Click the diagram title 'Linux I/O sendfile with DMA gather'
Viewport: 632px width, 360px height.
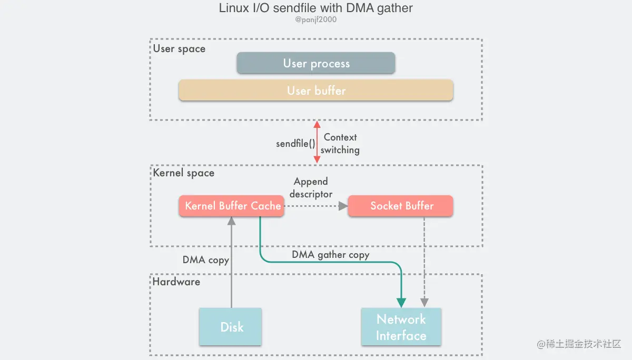coord(316,9)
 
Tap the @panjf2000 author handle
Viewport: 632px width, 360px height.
coord(316,20)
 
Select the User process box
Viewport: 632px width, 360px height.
coord(316,63)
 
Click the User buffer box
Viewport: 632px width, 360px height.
coord(316,91)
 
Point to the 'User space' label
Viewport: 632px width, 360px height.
coord(179,49)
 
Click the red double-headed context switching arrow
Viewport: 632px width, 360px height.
coord(317,143)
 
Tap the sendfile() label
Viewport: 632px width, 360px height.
coord(295,144)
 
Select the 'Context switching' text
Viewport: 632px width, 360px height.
coord(340,144)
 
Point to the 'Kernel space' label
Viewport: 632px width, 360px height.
coord(184,173)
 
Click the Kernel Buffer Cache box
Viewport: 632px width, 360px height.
coord(232,206)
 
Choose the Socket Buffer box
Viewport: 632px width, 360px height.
coord(401,206)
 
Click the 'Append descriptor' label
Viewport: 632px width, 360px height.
coord(311,187)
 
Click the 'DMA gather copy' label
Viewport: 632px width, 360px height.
coord(331,255)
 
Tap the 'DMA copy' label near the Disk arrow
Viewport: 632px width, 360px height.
coord(205,260)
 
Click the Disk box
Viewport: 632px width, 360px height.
coord(231,327)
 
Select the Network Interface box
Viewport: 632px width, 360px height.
coord(401,327)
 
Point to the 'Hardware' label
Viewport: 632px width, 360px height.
coord(176,282)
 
